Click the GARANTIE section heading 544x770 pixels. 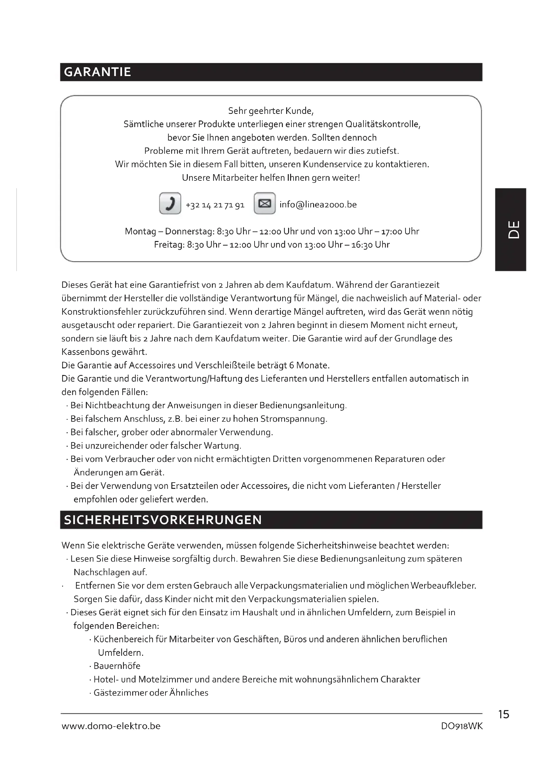(97, 72)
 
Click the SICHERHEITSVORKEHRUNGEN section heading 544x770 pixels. (163, 520)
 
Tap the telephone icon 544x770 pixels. (170, 203)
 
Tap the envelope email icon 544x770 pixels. (265, 203)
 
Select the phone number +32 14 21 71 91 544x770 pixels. (215, 205)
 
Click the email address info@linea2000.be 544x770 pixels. (318, 204)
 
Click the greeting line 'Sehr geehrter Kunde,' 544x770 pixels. (271, 111)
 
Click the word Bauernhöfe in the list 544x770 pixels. (117, 666)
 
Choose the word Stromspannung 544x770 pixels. (293, 419)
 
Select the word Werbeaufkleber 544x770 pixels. (443, 586)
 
